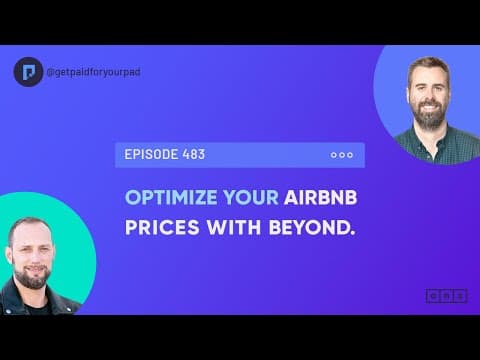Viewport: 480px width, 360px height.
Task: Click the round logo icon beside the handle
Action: (28, 72)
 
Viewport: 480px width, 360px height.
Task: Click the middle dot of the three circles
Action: (341, 155)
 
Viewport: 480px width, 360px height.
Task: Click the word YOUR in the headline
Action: (247, 196)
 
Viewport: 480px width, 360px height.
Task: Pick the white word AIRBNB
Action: (322, 196)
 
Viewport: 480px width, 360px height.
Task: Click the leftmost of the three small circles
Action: (333, 155)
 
